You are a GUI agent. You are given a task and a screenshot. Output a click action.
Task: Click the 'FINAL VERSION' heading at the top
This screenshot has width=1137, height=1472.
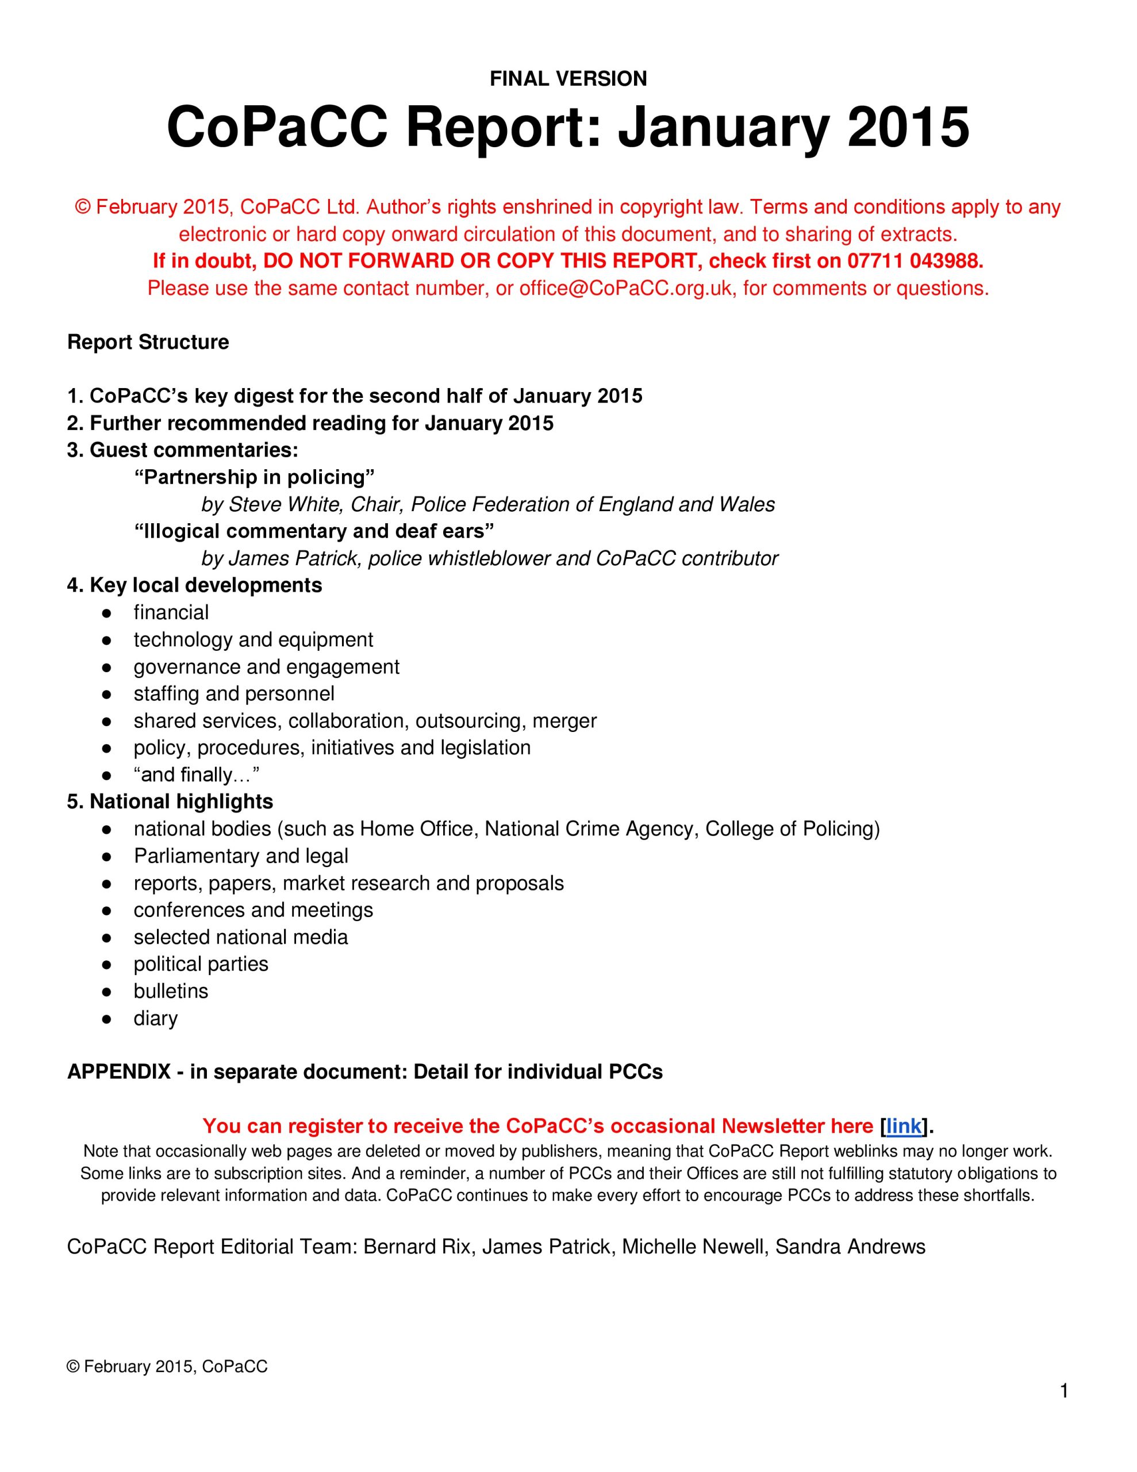tap(568, 79)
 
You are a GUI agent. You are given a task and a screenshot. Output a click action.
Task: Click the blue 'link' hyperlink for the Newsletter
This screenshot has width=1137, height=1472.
tap(903, 1126)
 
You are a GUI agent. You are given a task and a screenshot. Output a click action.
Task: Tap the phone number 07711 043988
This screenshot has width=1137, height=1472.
tap(915, 261)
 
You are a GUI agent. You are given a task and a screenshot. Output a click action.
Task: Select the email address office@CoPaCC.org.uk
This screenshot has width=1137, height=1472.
tap(625, 289)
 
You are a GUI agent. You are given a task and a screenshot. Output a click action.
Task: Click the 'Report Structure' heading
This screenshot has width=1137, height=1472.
tap(148, 342)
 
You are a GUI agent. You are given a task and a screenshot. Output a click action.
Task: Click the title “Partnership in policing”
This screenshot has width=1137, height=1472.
tap(254, 477)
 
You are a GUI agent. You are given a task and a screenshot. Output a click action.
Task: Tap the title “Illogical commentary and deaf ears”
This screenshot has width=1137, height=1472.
tap(314, 531)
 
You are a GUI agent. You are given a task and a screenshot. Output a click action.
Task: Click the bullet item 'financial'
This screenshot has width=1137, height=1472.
tap(171, 612)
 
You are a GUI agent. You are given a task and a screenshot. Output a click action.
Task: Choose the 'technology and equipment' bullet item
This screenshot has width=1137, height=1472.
tap(253, 639)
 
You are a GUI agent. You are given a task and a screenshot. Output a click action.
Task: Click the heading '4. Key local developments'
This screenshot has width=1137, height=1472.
tap(194, 585)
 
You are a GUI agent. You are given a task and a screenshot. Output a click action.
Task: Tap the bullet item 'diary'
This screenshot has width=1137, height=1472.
tap(155, 1018)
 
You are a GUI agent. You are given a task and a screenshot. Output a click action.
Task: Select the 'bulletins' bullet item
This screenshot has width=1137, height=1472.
tap(171, 991)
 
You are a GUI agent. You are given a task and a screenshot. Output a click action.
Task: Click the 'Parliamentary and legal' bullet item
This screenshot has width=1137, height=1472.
tap(241, 856)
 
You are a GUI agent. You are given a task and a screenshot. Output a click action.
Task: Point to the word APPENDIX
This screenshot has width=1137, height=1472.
tap(118, 1072)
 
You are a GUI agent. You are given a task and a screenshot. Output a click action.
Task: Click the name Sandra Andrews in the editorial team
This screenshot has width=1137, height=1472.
tap(850, 1247)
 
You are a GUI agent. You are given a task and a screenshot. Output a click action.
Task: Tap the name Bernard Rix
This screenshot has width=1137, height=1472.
tap(417, 1247)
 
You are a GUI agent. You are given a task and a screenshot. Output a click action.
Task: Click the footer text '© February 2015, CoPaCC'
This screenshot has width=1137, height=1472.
tap(167, 1366)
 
